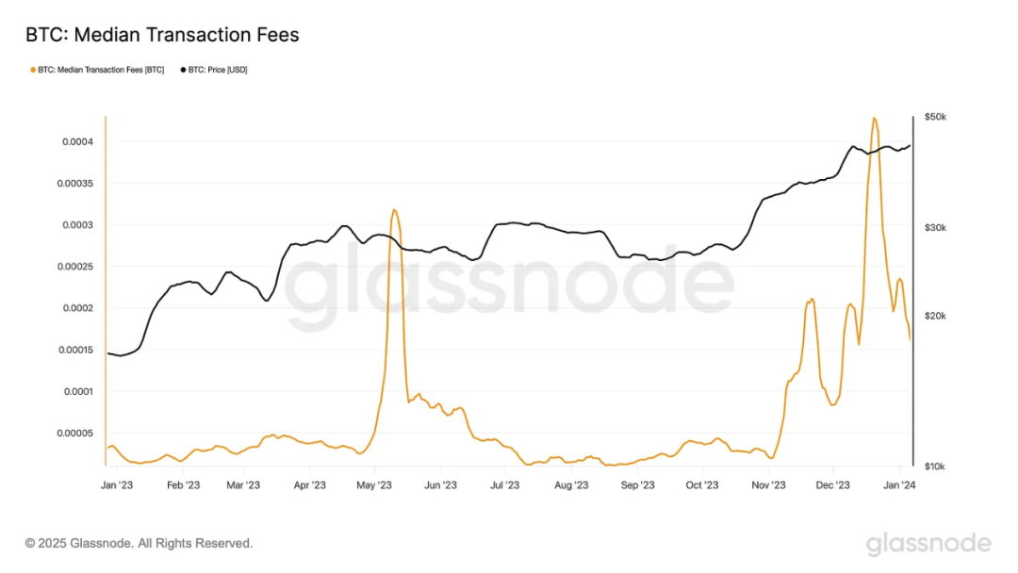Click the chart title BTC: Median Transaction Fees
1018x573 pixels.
pyautogui.click(x=161, y=36)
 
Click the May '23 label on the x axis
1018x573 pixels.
pyautogui.click(x=374, y=485)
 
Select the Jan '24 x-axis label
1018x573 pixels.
pyautogui.click(x=899, y=485)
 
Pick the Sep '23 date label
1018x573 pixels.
pyautogui.click(x=637, y=485)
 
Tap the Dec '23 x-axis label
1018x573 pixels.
pyautogui.click(x=833, y=485)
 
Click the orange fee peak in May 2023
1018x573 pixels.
pyautogui.click(x=394, y=209)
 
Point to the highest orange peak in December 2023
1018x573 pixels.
pyautogui.click(x=874, y=118)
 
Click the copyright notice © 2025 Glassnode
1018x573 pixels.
pyautogui.click(x=139, y=544)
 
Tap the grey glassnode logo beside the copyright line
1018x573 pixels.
pyautogui.click(x=928, y=544)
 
